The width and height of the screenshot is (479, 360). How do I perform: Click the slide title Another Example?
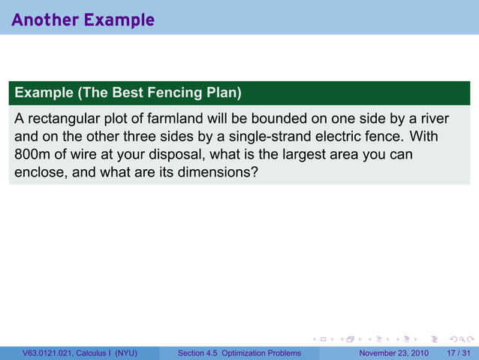[x=83, y=20]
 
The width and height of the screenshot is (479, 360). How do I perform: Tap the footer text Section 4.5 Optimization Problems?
[x=239, y=353]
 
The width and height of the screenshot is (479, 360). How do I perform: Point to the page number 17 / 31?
[x=459, y=353]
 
